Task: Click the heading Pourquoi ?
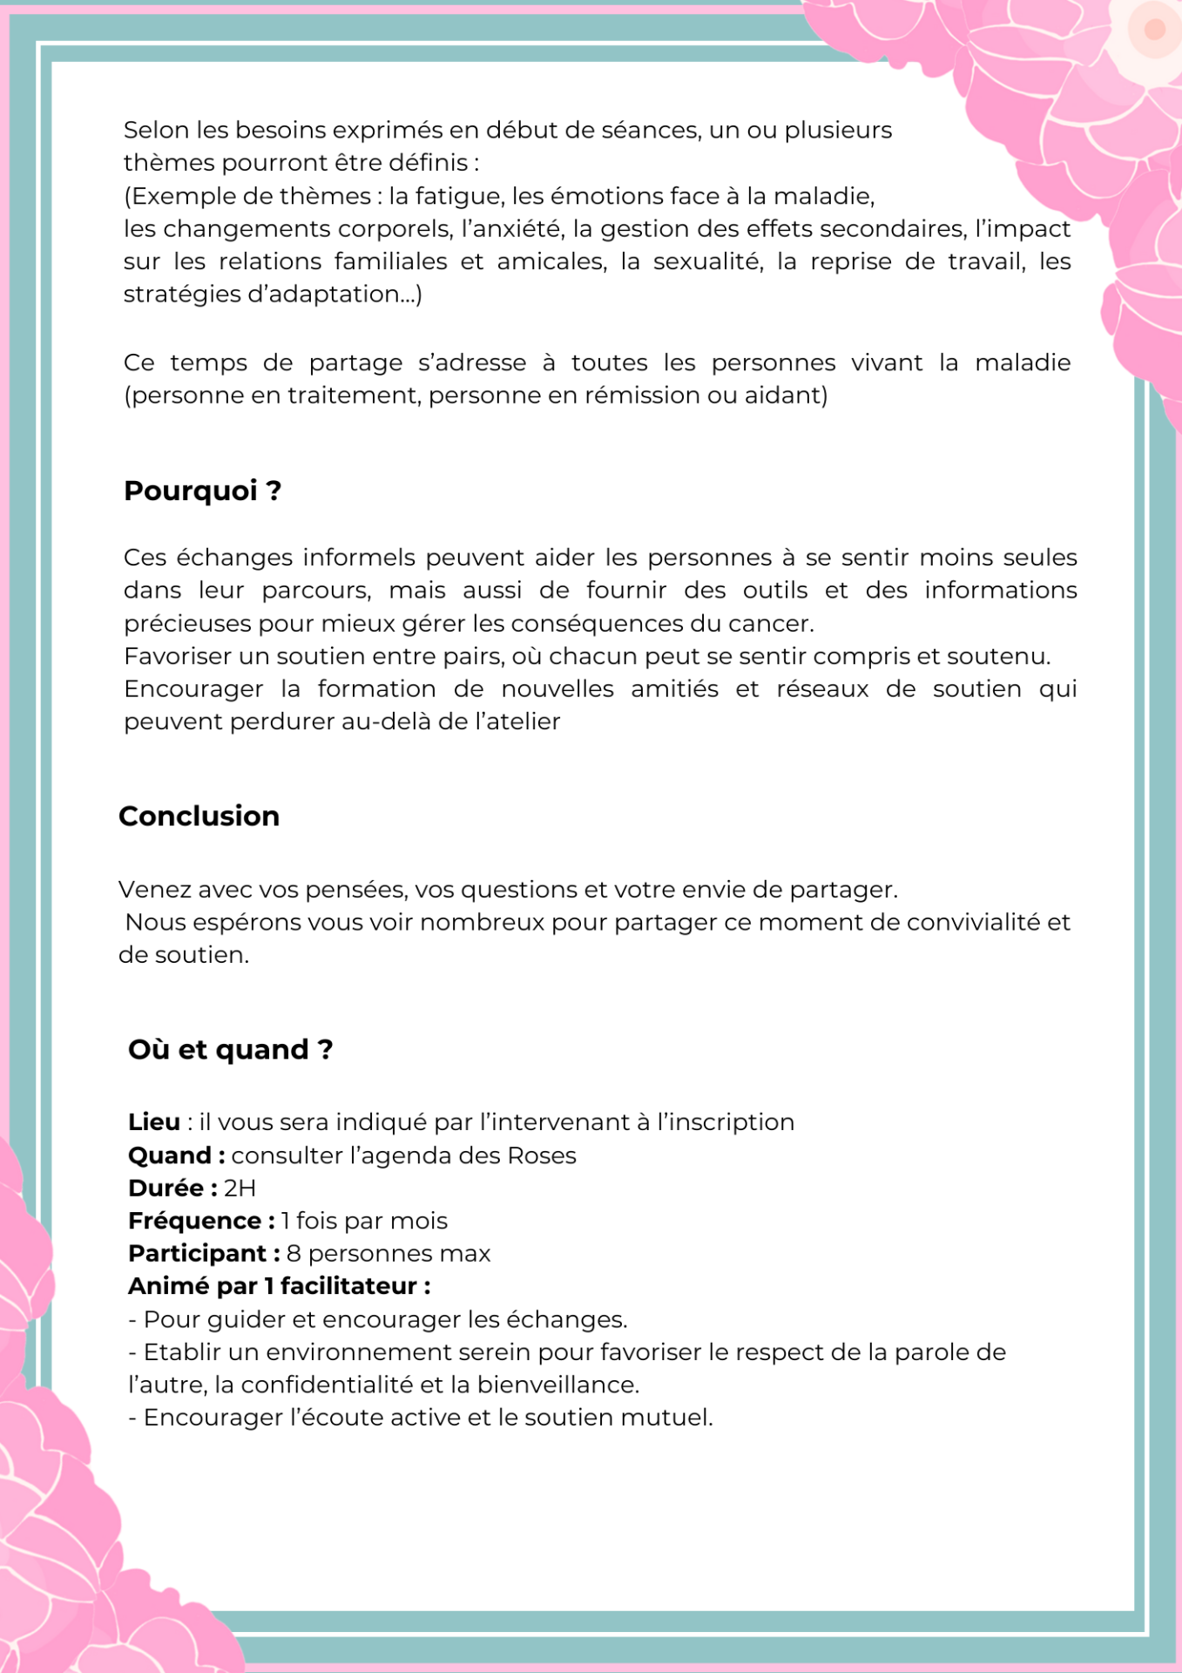[202, 491]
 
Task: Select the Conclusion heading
[199, 816]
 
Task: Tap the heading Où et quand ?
[230, 1049]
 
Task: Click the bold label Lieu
[154, 1121]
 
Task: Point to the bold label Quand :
[176, 1155]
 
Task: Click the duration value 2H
[240, 1188]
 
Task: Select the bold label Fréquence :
[201, 1221]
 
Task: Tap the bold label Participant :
[204, 1253]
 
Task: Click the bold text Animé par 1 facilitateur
[279, 1286]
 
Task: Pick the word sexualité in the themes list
[708, 261]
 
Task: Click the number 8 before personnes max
[294, 1253]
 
